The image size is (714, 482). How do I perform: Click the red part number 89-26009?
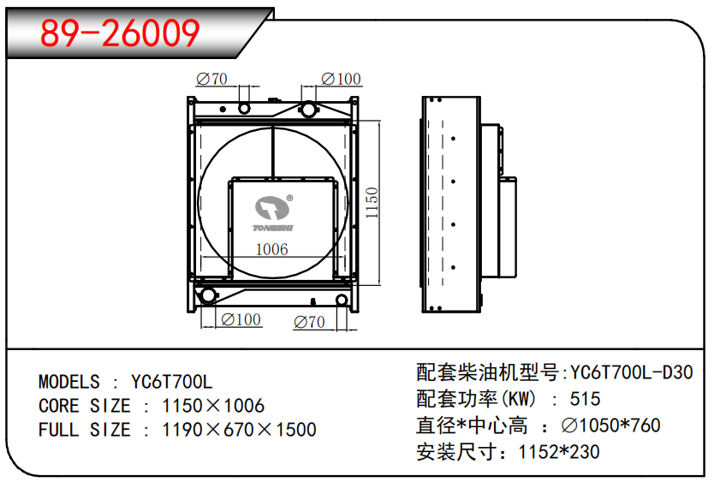120,33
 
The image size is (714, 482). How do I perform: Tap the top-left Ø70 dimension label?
211,79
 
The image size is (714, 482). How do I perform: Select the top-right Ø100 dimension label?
341,79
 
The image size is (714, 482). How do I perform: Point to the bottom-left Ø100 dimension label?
241,319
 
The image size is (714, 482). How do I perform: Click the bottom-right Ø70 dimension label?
309,322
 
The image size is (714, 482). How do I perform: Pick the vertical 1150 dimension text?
372,203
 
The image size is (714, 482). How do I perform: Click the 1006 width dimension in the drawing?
272,249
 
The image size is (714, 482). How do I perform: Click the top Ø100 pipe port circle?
308,110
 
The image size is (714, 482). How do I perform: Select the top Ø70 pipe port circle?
245,109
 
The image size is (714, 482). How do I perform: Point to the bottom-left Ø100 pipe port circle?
208,295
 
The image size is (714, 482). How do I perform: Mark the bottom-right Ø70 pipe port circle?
341,300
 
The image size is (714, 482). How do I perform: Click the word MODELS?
69,382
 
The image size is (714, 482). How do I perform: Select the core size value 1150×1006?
213,406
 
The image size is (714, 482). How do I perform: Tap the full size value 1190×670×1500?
239,430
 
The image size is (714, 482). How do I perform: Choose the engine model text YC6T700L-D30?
632,372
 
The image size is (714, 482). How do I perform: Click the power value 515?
585,399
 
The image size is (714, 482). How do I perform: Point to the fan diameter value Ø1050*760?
610,425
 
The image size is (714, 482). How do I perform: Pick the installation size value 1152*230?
559,452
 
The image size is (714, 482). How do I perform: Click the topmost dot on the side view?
453,139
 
